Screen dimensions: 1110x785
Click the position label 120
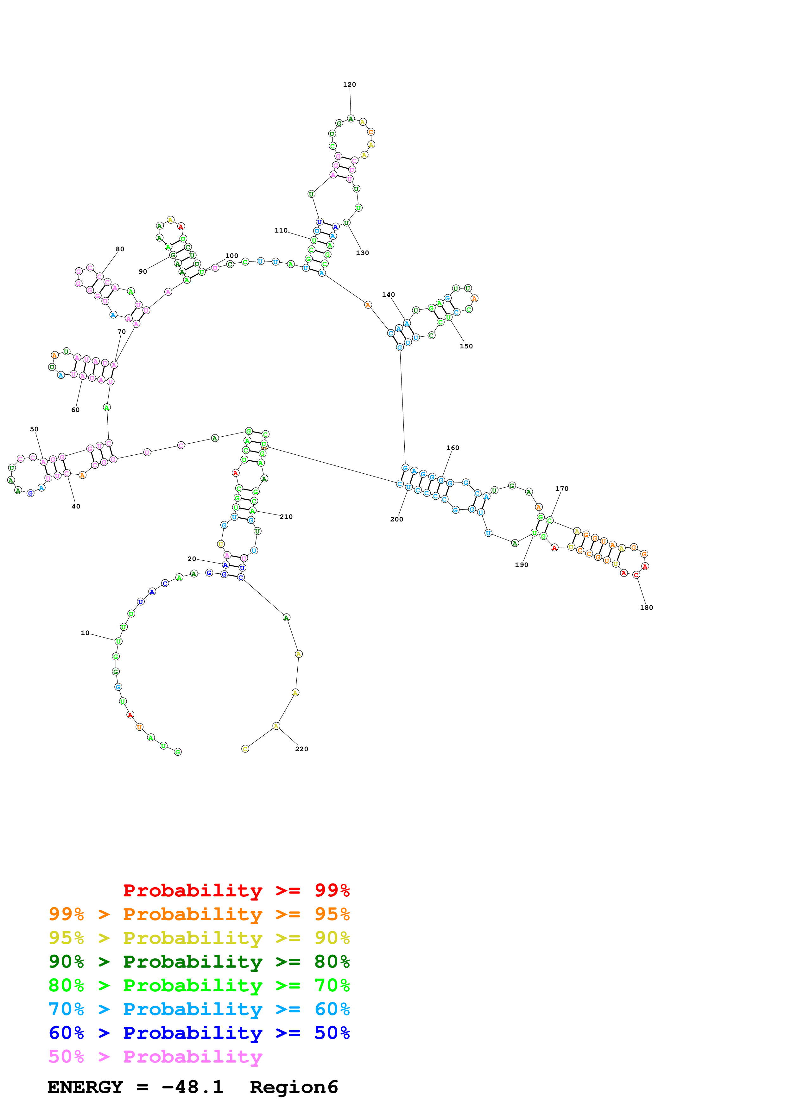[349, 84]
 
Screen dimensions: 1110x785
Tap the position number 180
[646, 608]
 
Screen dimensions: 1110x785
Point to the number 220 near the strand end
[301, 749]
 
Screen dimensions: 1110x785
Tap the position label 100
[232, 256]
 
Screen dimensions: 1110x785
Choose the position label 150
[466, 346]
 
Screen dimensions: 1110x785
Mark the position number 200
[396, 519]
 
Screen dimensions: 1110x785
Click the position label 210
[286, 517]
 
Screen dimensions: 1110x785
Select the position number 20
[192, 559]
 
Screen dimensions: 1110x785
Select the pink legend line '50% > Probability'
[155, 1056]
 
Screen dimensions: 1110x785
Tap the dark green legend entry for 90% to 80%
[199, 962]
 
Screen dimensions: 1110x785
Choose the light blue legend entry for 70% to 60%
[199, 1009]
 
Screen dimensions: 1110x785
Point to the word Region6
[294, 1087]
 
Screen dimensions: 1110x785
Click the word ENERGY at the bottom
[85, 1087]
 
